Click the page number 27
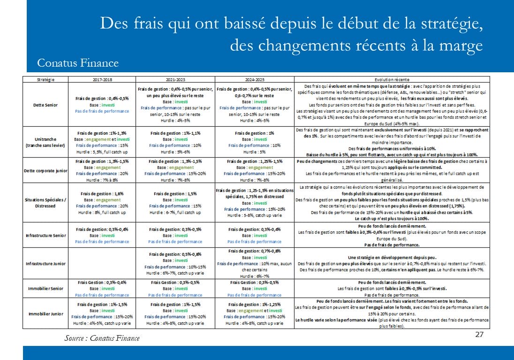tap(479, 334)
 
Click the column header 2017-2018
tap(102, 80)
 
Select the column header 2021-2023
tap(175, 80)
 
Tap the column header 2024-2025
tap(254, 80)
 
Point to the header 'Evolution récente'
tap(392, 80)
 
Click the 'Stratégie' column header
tap(45, 80)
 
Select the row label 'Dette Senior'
tap(45, 105)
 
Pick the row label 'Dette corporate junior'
tap(45, 170)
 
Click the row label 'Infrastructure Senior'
tap(45, 235)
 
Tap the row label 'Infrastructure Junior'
tap(45, 263)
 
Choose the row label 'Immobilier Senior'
tap(45, 288)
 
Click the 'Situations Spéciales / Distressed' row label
tap(45, 203)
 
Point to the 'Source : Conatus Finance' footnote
tap(102, 338)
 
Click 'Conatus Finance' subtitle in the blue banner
tap(78, 62)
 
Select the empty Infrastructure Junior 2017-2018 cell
tap(102, 263)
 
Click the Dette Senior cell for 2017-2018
tap(102, 105)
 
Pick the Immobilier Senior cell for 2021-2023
tap(175, 288)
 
